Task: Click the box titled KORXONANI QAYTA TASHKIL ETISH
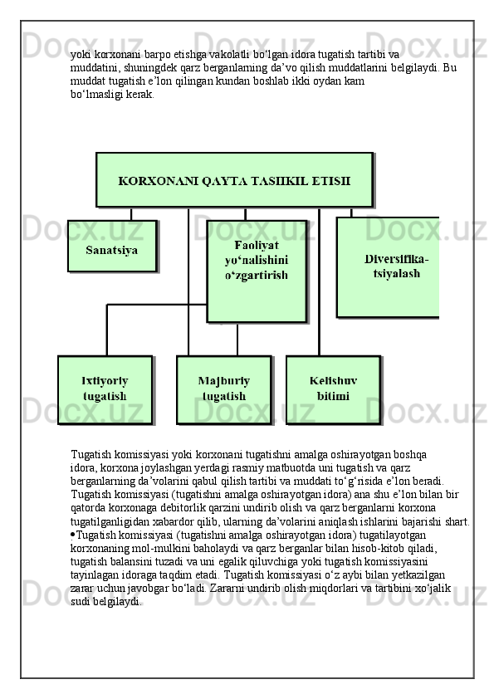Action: click(233, 179)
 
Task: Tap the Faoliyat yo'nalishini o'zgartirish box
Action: click(256, 270)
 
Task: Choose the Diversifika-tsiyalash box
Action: click(388, 266)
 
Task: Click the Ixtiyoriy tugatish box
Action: click(105, 389)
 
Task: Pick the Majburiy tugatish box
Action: click(223, 389)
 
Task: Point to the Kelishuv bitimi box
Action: click(333, 389)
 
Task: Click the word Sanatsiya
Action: click(111, 249)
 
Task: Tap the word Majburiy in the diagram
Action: click(223, 381)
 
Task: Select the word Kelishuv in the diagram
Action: click(333, 381)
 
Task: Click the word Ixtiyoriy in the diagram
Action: click(105, 381)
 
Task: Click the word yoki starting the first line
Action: click(81, 52)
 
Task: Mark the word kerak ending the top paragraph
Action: click(136, 95)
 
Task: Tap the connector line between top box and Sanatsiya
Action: click(131, 213)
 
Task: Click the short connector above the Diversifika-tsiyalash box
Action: click(351, 212)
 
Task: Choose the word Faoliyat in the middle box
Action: click(256, 246)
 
